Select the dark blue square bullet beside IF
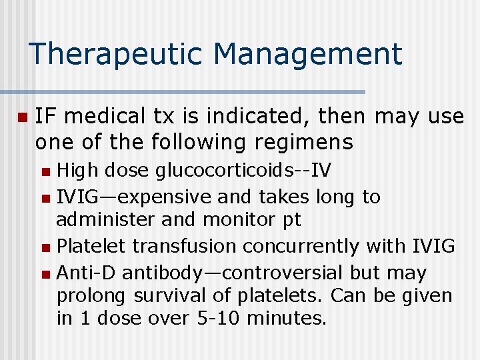22,117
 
